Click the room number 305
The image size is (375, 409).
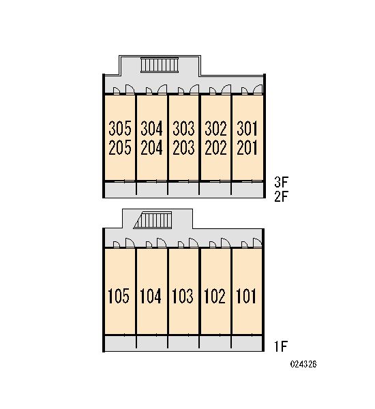(x=120, y=128)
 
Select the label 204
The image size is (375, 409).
(x=151, y=147)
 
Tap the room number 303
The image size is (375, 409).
(x=183, y=128)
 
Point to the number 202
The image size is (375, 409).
(x=215, y=147)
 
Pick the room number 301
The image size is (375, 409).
(x=247, y=128)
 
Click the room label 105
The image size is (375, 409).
(x=119, y=296)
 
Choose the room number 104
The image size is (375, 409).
(x=151, y=296)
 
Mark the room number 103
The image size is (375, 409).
(x=183, y=296)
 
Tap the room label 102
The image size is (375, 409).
(x=215, y=296)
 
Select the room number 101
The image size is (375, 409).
(x=246, y=296)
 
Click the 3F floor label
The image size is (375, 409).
(x=281, y=182)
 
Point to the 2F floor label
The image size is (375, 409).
(x=281, y=196)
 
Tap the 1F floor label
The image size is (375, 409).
(x=281, y=346)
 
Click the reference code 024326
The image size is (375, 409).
(x=303, y=364)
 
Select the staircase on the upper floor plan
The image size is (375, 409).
(x=160, y=65)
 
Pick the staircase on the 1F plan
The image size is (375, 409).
(x=153, y=220)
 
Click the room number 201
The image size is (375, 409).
(x=247, y=147)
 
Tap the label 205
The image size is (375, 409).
(x=120, y=147)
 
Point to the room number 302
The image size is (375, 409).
(x=215, y=128)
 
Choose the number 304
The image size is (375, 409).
(x=151, y=128)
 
